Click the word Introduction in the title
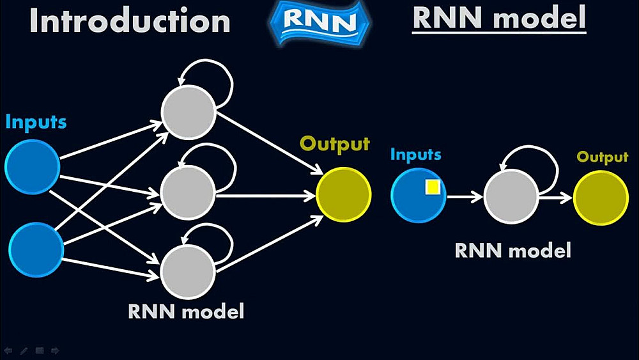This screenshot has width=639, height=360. point(130,21)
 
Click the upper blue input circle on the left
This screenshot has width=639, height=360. point(33,167)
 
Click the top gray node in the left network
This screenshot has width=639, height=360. point(188,113)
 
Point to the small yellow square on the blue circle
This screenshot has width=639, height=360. point(433,187)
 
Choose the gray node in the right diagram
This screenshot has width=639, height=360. point(511,197)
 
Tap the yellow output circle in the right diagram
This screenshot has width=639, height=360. point(601,198)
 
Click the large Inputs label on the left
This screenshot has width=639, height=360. point(36,121)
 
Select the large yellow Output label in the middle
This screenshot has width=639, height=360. point(335,145)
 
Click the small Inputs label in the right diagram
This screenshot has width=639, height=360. point(415,155)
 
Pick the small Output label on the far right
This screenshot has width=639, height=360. point(603,157)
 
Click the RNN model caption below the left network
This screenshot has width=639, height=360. point(186,311)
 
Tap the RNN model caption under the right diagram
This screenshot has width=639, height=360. point(512,250)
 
